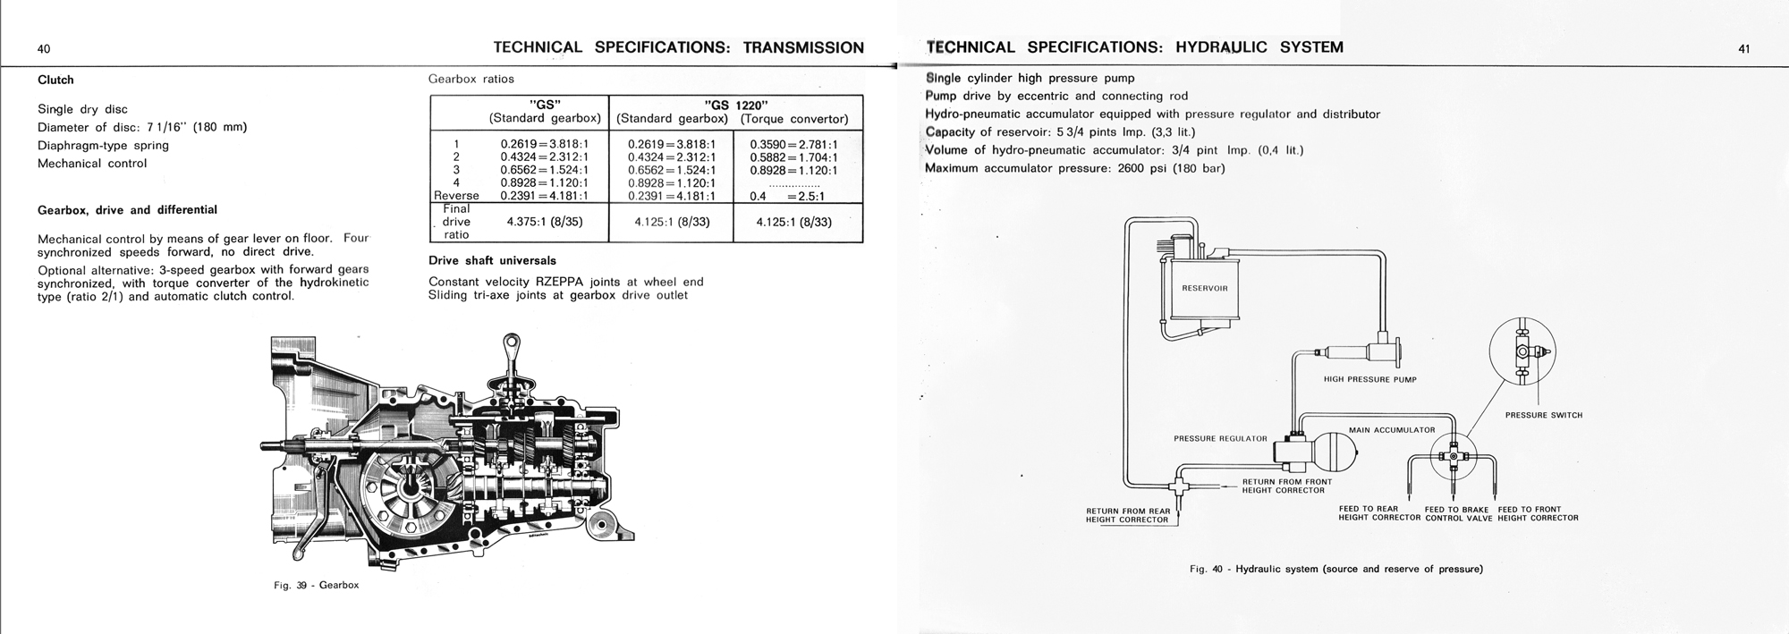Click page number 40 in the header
(44, 49)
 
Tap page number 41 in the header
(1743, 49)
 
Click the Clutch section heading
(55, 80)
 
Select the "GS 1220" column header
(735, 104)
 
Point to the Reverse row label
(456, 196)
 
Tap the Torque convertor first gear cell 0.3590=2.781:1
(793, 144)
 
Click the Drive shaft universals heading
(492, 260)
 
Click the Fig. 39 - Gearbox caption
(316, 585)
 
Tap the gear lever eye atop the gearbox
(513, 342)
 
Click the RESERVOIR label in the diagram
(1205, 289)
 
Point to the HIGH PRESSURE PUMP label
(1369, 379)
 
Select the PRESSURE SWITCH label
(1543, 415)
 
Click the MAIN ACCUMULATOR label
(1391, 430)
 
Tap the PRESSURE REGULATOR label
(1220, 438)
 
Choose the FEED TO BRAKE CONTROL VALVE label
(1458, 513)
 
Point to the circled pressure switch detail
(1522, 351)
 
